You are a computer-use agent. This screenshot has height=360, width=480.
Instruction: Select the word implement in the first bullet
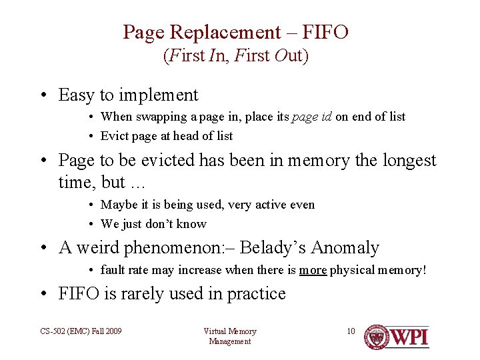coord(157,95)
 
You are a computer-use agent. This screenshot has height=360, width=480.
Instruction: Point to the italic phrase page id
coord(312,117)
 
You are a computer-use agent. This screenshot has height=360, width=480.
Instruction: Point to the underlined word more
coord(313,270)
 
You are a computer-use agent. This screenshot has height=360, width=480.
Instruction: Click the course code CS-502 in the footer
coord(52,331)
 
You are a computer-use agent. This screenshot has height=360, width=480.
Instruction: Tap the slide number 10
coord(351,331)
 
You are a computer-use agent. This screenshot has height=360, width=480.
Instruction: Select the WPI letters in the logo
coord(409,337)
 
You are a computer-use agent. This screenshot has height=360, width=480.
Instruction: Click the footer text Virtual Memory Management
coord(229,336)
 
